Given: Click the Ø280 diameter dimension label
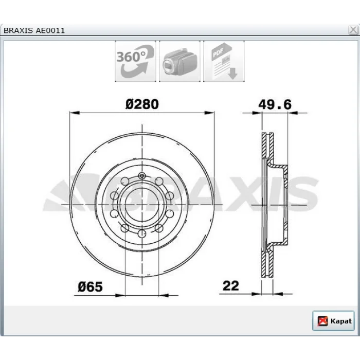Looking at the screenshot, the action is [142, 104].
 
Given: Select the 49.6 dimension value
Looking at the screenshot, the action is [275, 104].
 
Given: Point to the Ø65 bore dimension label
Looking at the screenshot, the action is [90, 287].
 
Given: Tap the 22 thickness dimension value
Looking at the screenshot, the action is [231, 286].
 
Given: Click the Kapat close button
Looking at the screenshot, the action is [333, 321].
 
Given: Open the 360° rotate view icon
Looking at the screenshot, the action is [135, 61].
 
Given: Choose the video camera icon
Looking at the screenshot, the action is [179, 61].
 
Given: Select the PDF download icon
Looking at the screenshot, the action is [224, 61].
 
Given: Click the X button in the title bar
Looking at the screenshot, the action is [353, 30].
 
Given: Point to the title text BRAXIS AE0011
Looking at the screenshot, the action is [34, 30].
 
